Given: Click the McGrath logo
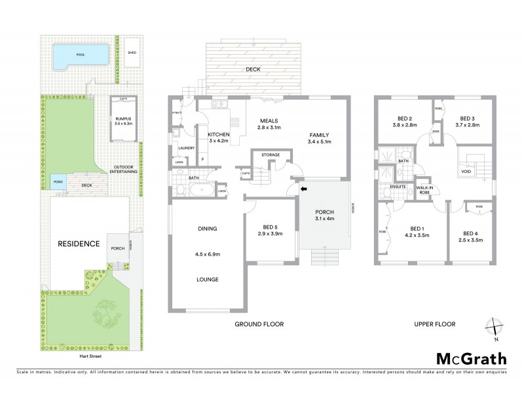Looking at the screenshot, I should [472, 358].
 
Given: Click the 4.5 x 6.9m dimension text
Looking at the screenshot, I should [207, 254].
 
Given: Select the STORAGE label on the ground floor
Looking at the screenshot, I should [270, 155].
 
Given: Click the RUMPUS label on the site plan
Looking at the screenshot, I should [122, 118].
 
